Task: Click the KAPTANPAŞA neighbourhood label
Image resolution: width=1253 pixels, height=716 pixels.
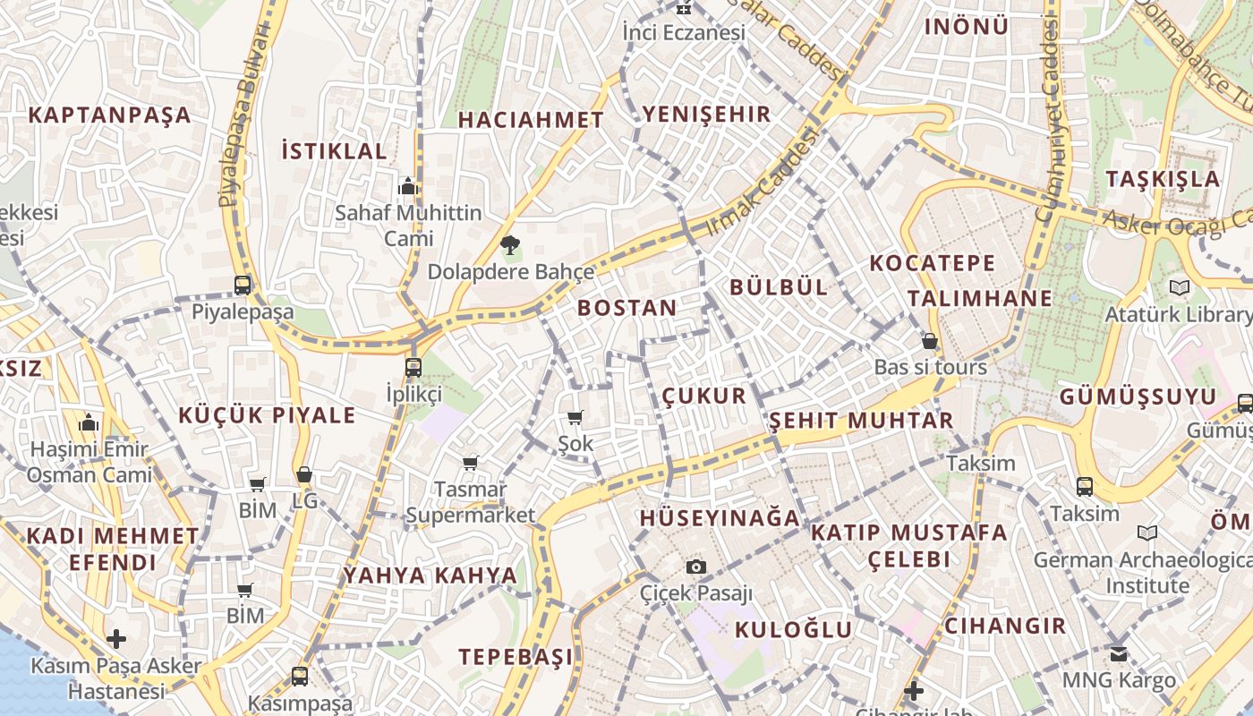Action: click(x=109, y=115)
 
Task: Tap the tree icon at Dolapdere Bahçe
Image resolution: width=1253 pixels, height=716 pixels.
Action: click(x=510, y=243)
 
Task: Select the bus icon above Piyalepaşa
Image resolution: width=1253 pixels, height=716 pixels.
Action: click(x=243, y=286)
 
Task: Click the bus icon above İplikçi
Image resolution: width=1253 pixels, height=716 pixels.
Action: click(x=413, y=367)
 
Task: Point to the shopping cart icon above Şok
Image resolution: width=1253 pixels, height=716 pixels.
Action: click(x=575, y=417)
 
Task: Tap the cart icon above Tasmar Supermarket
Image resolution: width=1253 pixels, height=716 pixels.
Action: click(x=470, y=463)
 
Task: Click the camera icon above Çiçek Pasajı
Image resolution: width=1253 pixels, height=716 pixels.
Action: click(x=696, y=567)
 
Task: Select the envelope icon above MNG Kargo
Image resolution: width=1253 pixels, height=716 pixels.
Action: click(x=1119, y=653)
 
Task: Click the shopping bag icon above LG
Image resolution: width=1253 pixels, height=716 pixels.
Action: click(x=304, y=474)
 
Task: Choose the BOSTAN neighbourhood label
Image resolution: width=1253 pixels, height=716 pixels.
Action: click(x=626, y=308)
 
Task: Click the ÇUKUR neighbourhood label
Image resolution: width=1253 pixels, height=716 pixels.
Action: click(x=704, y=396)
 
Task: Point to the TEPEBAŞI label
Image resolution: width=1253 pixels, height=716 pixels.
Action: click(x=516, y=656)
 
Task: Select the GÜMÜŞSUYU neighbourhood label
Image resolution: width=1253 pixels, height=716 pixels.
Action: click(x=1138, y=396)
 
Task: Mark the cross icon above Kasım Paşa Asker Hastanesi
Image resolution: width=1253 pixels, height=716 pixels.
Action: click(x=116, y=639)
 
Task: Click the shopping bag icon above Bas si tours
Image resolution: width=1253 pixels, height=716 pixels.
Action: click(x=930, y=341)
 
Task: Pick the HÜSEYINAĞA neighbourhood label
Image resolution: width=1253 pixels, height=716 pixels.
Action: click(x=720, y=517)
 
